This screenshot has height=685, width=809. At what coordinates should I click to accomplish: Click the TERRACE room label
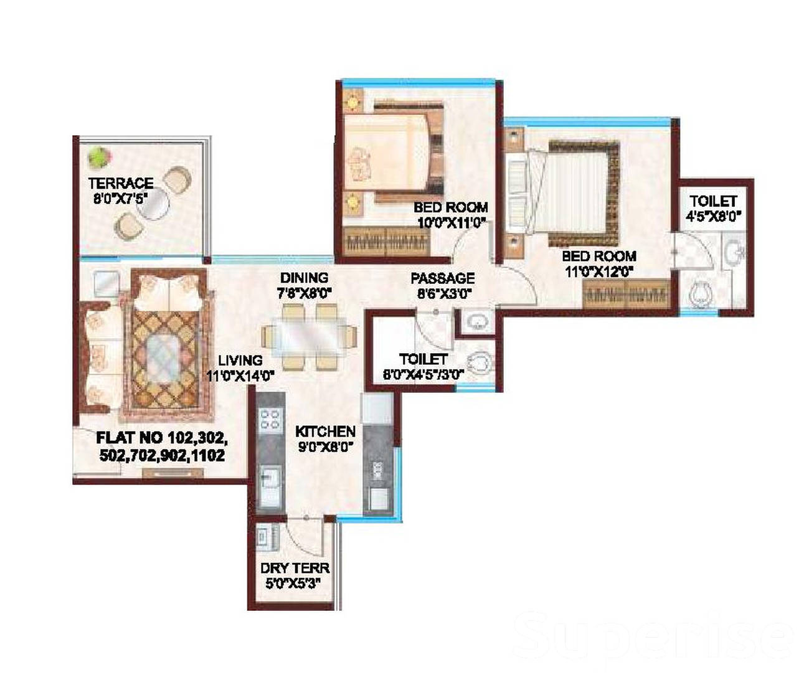coord(121,183)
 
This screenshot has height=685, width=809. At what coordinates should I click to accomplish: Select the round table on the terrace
coord(153,204)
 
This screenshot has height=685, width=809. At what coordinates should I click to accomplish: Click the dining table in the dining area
coord(309,338)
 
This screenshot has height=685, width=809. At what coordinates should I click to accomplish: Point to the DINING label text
coord(304,278)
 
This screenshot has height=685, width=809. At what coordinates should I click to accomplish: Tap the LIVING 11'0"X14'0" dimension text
coord(240,368)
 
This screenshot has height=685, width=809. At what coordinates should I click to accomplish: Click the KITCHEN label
coord(325,432)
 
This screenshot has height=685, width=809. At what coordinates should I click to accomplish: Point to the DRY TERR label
coord(295,568)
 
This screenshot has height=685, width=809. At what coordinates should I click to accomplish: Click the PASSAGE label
coord(443,278)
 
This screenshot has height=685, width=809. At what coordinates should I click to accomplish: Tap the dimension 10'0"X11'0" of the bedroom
coord(452,223)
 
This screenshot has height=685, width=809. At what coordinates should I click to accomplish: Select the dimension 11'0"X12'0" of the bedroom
coord(599,272)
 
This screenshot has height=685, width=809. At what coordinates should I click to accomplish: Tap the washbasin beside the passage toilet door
coord(476,321)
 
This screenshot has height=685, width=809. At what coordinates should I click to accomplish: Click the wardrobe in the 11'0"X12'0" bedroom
coord(625,294)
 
